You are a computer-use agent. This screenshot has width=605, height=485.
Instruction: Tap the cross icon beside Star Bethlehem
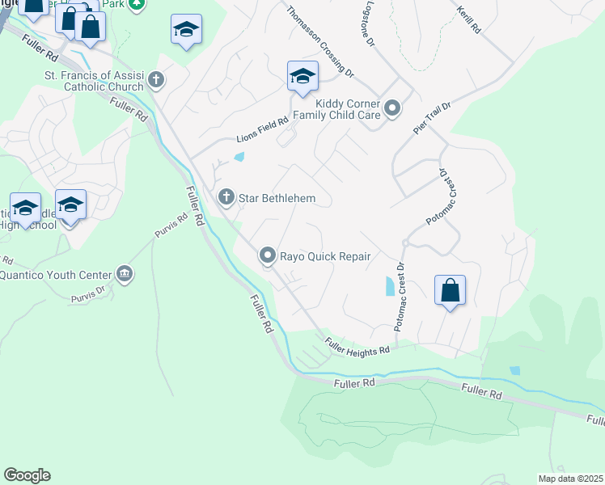point(226,196)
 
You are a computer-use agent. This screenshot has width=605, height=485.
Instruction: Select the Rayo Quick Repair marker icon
point(267,255)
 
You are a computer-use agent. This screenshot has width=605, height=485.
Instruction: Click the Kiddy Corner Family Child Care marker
point(392,108)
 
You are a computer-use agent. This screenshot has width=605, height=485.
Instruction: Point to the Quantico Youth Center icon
point(124,272)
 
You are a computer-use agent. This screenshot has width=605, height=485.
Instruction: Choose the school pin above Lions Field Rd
point(302,78)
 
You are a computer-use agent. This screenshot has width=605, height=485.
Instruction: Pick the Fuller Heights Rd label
point(357,345)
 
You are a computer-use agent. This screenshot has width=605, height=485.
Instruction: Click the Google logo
point(27,475)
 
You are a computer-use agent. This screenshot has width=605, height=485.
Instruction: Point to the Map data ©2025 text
point(569,479)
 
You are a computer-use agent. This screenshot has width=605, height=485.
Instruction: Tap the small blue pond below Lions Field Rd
point(239,156)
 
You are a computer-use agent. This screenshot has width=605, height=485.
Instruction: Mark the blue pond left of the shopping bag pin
point(391,285)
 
